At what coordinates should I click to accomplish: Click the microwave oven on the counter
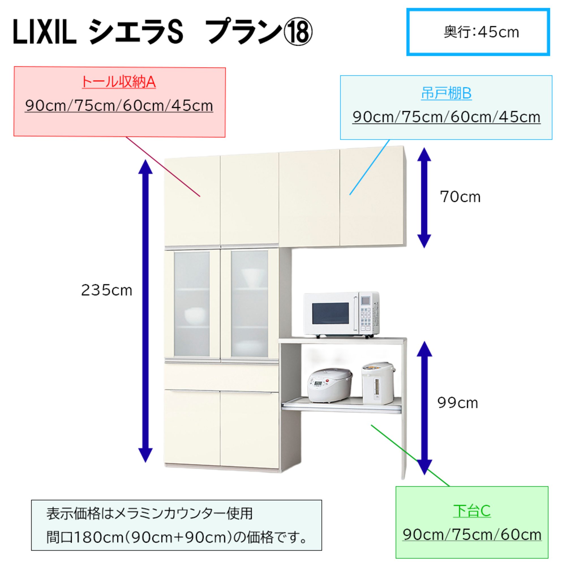[341, 314]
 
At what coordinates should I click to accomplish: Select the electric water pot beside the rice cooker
[378, 384]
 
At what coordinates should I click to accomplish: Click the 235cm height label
[107, 291]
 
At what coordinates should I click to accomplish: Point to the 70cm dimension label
[460, 197]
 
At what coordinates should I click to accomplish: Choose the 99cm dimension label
[458, 403]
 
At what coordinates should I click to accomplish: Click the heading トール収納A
[119, 82]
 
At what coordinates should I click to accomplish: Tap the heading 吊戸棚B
[446, 93]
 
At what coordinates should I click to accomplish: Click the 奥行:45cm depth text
[481, 32]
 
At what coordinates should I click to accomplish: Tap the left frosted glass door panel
[192, 305]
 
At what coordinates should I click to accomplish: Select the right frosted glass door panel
[249, 305]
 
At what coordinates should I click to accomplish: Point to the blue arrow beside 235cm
[145, 310]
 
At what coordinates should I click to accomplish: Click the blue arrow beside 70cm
[424, 198]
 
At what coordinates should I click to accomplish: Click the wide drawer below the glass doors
[221, 377]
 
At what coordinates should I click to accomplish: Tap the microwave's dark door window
[330, 313]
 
